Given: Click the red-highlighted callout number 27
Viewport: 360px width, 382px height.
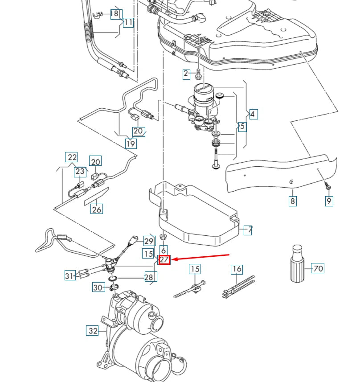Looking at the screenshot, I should point(164,260).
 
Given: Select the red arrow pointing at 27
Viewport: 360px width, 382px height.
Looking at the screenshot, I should point(200,257).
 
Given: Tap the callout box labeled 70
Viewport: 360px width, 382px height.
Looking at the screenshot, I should point(318,268).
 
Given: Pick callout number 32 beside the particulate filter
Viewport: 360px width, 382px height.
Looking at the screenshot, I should point(92,331).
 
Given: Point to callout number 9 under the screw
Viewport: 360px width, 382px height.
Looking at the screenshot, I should point(329,201).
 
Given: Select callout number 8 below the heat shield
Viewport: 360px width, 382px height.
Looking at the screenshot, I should point(292,201).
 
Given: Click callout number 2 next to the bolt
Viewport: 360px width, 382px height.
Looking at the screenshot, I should point(186,74).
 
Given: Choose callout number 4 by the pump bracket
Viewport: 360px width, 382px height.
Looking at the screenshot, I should point(253,114).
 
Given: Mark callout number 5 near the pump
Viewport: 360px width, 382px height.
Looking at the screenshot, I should point(242,126).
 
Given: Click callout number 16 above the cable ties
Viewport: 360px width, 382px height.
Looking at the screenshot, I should point(237,269).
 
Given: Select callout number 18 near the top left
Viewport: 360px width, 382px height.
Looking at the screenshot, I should point(115,14).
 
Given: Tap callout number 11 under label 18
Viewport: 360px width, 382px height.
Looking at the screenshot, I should point(128,22).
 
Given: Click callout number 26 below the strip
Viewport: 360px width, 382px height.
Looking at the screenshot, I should point(97,208).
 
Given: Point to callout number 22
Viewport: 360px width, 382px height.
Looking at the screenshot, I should point(72,157).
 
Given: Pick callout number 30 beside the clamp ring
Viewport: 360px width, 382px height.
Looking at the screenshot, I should point(98,288).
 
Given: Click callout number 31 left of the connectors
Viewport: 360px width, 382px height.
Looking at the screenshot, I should point(70,276).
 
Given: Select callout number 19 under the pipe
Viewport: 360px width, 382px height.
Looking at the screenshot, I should point(131,144).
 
